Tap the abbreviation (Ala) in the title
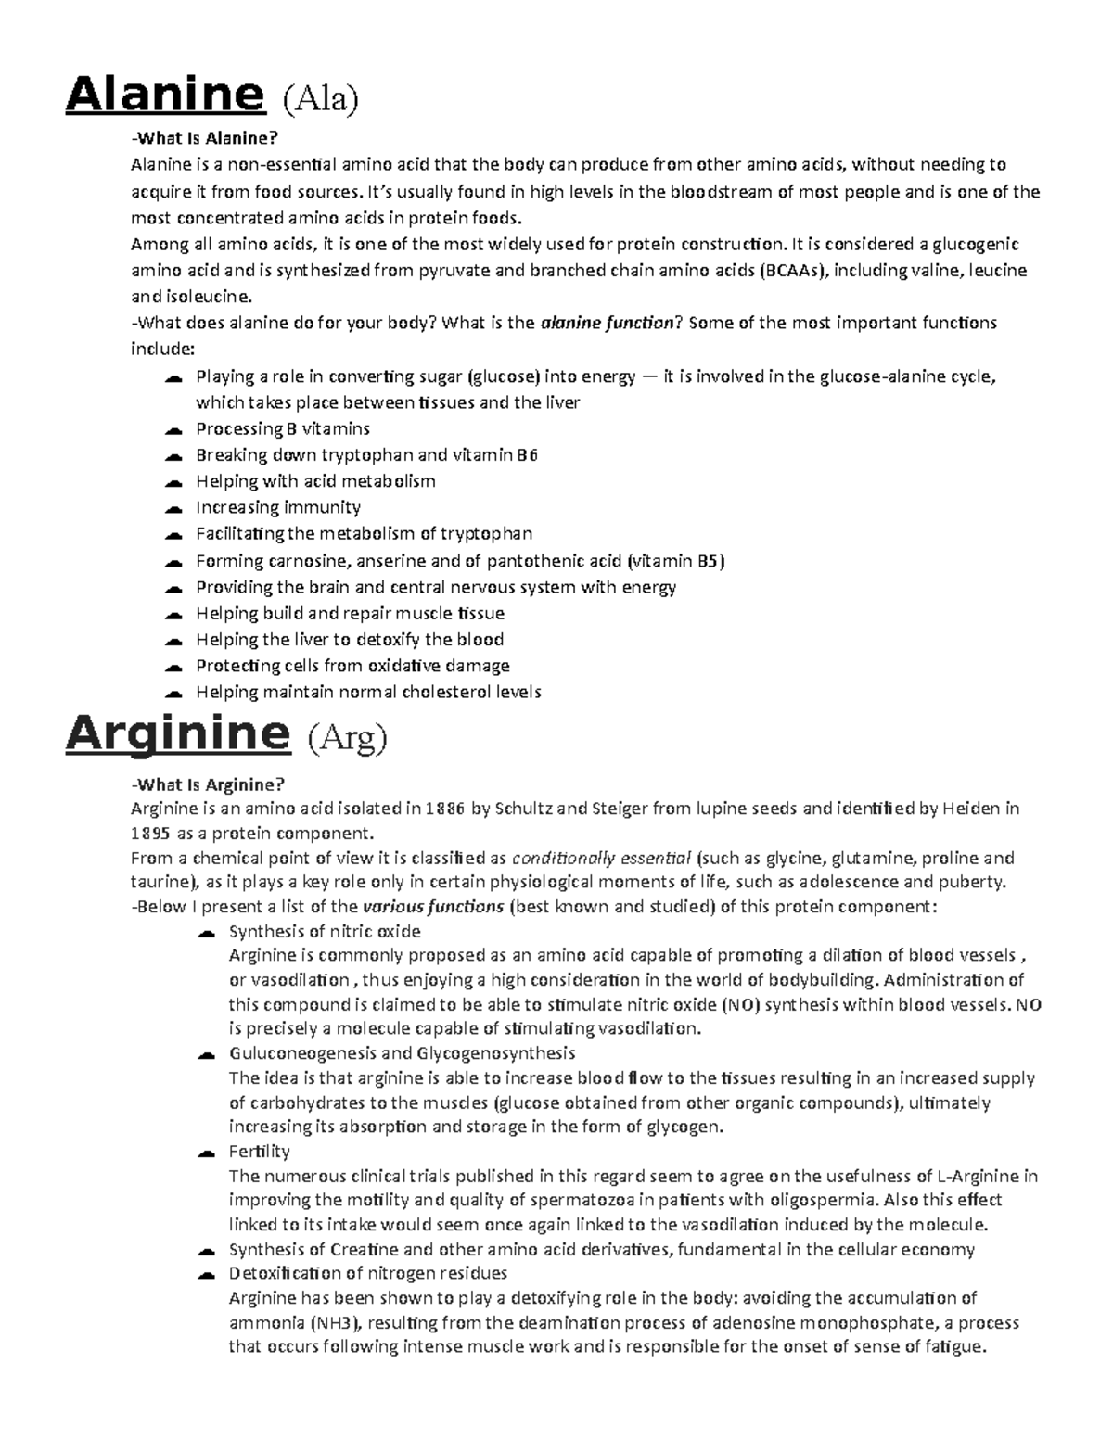320,97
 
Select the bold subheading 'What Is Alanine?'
207,139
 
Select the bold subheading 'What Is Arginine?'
210,784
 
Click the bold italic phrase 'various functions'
434,907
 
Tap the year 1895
150,833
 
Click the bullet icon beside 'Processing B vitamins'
172,430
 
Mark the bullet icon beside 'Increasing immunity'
172,509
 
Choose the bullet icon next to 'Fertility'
205,1153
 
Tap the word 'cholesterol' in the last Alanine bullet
437,692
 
